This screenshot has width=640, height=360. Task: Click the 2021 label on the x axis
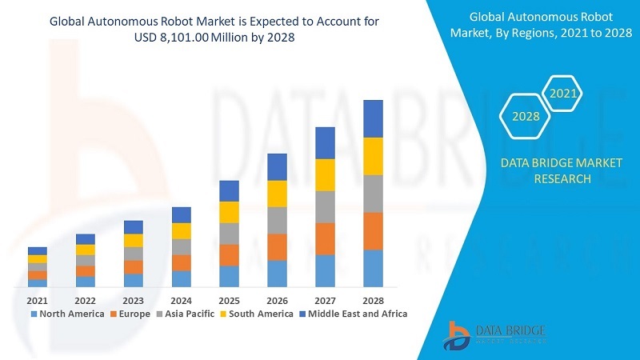click(37, 300)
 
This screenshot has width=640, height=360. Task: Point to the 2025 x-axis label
click(229, 300)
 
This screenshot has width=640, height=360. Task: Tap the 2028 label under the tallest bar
click(373, 300)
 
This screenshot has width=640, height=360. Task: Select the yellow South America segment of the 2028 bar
click(373, 156)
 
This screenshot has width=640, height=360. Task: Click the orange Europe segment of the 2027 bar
click(325, 238)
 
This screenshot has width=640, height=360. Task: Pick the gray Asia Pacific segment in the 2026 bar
click(277, 220)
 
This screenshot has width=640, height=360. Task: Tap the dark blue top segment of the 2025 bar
click(229, 190)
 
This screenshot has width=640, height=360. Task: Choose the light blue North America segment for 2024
click(181, 278)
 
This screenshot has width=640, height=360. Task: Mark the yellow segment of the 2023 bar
click(133, 240)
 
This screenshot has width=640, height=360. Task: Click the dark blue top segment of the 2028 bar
click(373, 118)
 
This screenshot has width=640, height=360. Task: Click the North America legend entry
click(67, 314)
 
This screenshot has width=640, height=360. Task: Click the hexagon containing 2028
click(526, 117)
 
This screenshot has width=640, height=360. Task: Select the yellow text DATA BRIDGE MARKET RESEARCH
click(561, 170)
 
